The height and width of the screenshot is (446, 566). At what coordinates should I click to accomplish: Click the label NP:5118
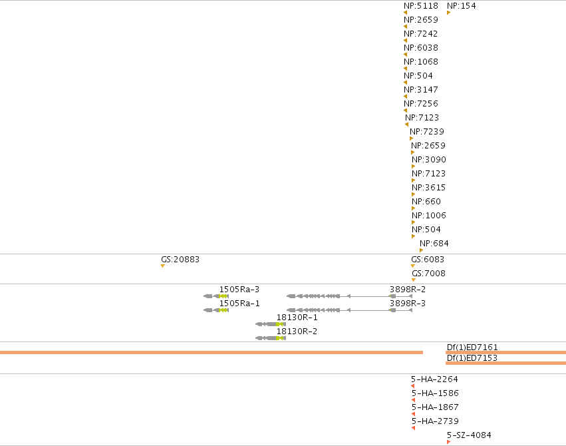click(x=421, y=6)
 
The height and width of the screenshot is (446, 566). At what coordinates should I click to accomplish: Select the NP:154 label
click(x=462, y=6)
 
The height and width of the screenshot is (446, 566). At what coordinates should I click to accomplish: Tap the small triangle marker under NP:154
click(x=449, y=13)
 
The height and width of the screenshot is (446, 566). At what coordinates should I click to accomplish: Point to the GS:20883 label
click(x=180, y=260)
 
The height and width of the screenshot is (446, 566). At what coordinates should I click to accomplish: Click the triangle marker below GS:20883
click(x=163, y=266)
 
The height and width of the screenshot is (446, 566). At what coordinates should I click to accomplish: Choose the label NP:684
click(x=434, y=244)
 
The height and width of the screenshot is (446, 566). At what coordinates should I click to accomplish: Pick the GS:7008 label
click(x=428, y=274)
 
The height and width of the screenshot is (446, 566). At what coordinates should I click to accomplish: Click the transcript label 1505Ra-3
click(x=239, y=290)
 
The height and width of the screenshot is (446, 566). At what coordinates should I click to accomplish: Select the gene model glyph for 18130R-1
click(x=271, y=324)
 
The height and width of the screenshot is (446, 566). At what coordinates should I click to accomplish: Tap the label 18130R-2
click(x=297, y=331)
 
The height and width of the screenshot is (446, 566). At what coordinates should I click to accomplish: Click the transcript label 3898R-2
click(x=408, y=290)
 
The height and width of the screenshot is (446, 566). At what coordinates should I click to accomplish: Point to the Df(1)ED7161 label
click(x=472, y=347)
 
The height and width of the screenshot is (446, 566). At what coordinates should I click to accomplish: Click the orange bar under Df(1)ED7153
click(x=505, y=363)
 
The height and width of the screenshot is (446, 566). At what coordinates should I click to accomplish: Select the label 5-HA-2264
click(x=434, y=379)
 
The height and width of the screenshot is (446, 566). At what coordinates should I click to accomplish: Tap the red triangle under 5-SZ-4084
click(x=449, y=442)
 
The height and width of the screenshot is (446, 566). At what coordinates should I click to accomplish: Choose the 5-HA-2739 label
click(x=436, y=421)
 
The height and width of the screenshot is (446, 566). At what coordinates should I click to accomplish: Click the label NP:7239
click(x=427, y=131)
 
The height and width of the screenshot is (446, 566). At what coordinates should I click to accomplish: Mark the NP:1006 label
click(x=429, y=215)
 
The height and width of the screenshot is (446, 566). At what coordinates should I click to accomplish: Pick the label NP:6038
click(x=421, y=48)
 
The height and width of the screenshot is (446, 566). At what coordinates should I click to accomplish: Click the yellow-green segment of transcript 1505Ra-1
click(x=223, y=310)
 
